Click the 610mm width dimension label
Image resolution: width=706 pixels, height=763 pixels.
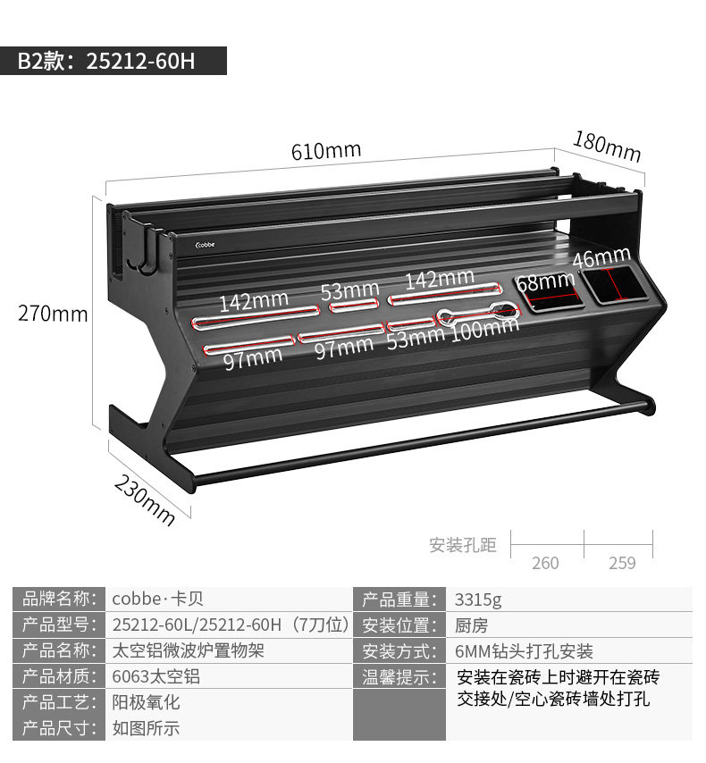325,150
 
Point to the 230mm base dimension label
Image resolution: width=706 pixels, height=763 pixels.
145,498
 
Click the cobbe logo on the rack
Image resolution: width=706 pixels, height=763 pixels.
214,241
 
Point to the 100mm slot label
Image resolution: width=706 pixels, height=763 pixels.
483,330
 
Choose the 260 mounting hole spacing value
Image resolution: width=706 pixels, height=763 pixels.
545,563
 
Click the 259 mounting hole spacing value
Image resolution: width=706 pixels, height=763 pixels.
622,563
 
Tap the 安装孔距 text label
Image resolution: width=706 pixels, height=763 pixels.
462,545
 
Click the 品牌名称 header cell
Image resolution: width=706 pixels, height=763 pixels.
58,599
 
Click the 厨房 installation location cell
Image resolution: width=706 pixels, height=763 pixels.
471,625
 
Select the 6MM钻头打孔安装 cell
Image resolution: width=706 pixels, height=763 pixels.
524,651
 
